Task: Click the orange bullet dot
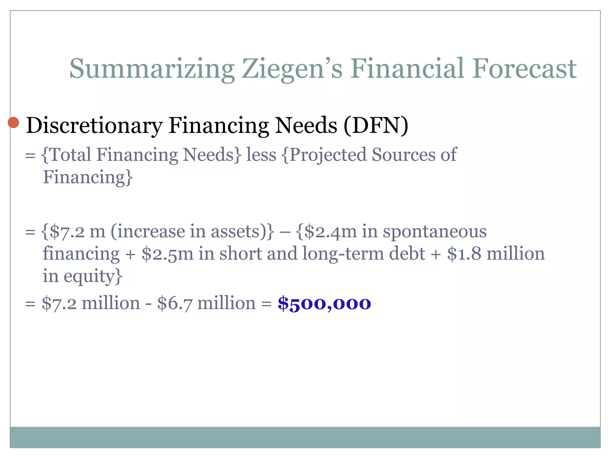[x=13, y=122]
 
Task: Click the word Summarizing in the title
[x=152, y=69]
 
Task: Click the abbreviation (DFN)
[x=376, y=125]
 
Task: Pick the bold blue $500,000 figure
[x=324, y=304]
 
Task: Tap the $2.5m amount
[x=167, y=254]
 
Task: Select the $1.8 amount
[x=464, y=254]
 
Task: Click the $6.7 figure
[x=174, y=304]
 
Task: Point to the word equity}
[x=93, y=276]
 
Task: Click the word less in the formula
[x=261, y=155]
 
